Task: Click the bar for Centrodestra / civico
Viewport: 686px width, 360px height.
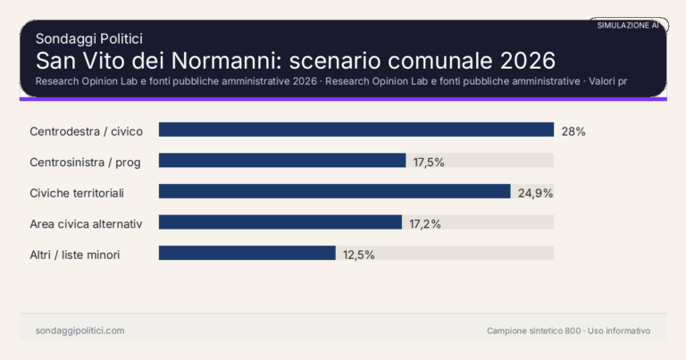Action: pos(356,130)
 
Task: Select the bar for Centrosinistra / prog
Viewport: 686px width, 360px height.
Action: pos(282,161)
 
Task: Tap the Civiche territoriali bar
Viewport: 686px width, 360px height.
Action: pos(334,192)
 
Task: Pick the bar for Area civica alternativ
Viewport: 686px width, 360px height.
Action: pos(280,222)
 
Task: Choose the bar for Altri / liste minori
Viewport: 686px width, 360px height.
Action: pos(247,254)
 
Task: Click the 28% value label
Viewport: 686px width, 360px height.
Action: pos(573,131)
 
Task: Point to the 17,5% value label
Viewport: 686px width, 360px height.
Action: pos(429,162)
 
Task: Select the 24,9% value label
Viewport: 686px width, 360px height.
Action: pos(535,193)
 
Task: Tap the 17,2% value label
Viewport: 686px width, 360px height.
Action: pos(425,223)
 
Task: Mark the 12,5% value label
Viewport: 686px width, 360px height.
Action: pos(358,255)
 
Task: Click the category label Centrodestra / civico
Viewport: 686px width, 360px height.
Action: pos(86,131)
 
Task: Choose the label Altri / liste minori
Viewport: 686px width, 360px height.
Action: pos(75,255)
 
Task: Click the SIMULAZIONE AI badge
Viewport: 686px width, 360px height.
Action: pos(628,26)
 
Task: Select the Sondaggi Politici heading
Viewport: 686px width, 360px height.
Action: pos(88,38)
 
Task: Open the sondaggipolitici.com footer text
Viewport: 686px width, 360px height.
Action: pos(79,331)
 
